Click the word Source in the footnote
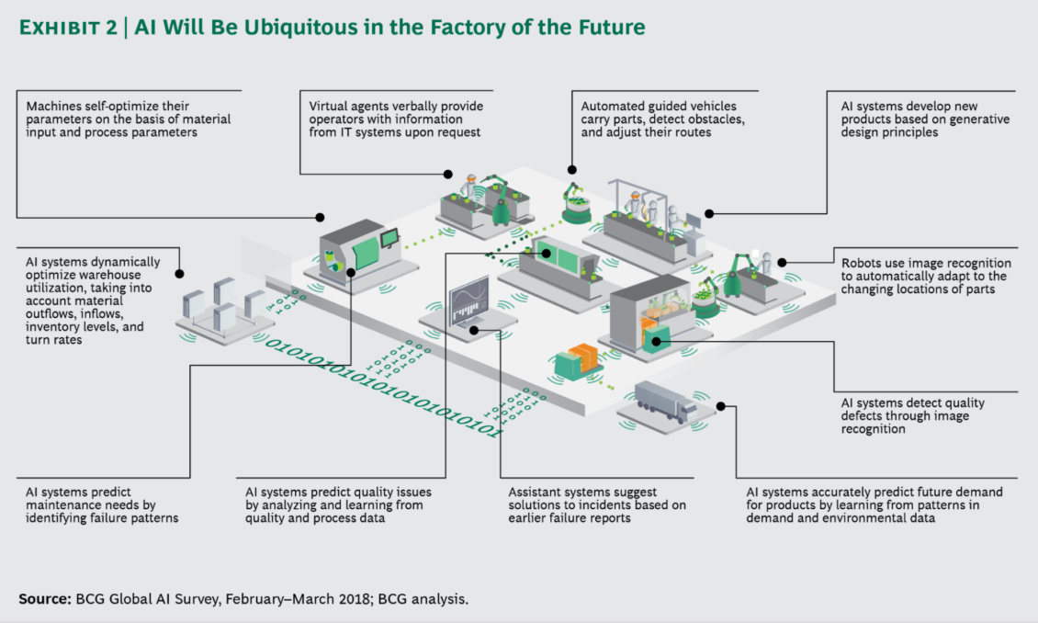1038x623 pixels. pyautogui.click(x=43, y=598)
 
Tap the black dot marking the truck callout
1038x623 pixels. pyautogui.click(x=721, y=405)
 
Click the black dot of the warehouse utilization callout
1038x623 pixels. pyautogui.click(x=179, y=273)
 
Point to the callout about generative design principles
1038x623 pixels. pyautogui.click(x=918, y=120)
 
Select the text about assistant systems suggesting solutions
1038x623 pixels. pyautogui.click(x=596, y=505)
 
